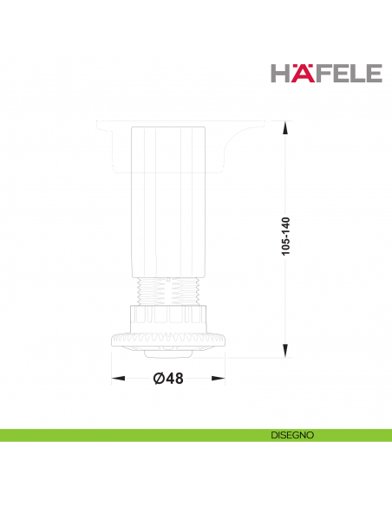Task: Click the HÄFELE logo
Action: point(326,74)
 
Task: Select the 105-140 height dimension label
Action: point(286,236)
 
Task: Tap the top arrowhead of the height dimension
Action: point(285,127)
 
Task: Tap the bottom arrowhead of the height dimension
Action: point(285,351)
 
